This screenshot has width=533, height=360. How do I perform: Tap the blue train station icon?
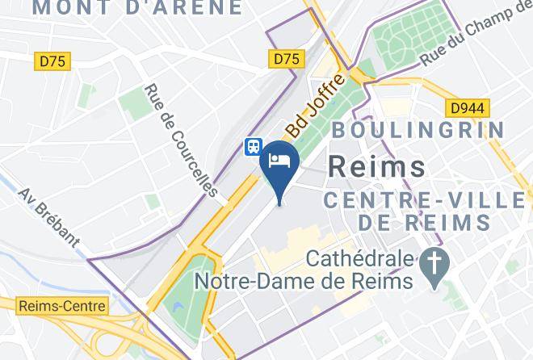254,146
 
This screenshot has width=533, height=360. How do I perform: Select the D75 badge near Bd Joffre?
287,58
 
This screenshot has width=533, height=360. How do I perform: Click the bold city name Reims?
377,167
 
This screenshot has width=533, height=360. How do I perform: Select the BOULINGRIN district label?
418,129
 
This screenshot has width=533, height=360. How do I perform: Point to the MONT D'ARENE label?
136,9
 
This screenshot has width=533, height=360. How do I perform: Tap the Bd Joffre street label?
317,105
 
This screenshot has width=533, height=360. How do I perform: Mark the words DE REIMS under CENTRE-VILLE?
425,221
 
